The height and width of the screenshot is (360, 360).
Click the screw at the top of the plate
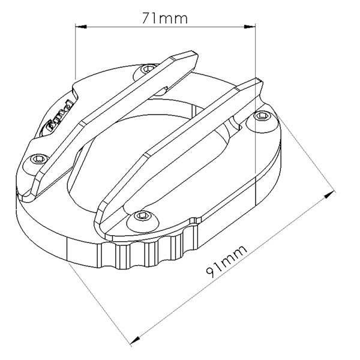click(x=146, y=71)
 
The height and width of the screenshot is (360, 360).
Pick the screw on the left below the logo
click(x=38, y=158)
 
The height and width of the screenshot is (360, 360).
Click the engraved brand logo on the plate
click(x=60, y=117)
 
